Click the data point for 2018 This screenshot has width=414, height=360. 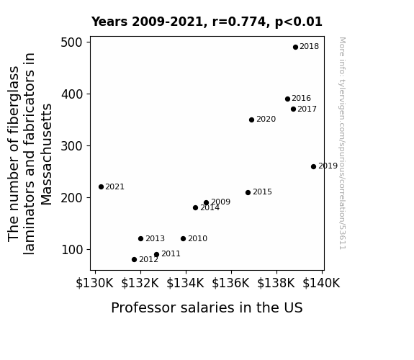click(295, 48)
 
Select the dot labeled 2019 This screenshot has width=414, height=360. click(313, 166)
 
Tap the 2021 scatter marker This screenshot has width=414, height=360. click(101, 187)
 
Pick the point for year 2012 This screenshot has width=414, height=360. click(134, 260)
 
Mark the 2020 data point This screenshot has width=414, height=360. click(251, 120)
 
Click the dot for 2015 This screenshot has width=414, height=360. click(248, 192)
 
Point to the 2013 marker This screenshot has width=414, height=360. click(140, 239)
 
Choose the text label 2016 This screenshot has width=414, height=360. click(301, 98)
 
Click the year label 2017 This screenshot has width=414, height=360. click(307, 109)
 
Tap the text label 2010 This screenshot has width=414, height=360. click(198, 239)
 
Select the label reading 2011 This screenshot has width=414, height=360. click(171, 254)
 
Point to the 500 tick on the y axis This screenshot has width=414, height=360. click(72, 42)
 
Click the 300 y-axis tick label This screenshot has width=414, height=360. click(72, 146)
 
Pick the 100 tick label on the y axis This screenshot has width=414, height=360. click(72, 250)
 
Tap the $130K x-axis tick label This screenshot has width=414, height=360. click(94, 283)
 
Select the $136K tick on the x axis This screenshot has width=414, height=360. click(231, 283)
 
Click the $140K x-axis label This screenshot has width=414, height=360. click(321, 283)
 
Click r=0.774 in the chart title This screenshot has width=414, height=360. click(240, 22)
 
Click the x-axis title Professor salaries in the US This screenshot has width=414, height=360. click(207, 308)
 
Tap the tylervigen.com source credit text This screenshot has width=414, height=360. click(342, 143)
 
